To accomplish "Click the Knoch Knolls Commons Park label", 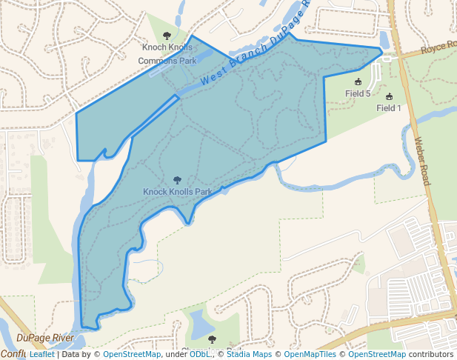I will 169,54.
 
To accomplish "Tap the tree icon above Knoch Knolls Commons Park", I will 166,36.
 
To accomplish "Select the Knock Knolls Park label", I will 178,191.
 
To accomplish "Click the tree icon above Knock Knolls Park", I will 176,180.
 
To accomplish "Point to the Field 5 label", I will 358,93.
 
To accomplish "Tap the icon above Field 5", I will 358,81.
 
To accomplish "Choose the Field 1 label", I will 388,107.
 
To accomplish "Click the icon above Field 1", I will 389,96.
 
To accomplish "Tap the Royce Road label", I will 438,50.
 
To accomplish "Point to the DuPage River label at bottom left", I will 45,338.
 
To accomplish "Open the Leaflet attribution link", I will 41,354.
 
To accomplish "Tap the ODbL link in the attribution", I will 199,354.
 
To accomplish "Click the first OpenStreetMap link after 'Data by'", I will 132,354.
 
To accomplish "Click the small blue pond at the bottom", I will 200,323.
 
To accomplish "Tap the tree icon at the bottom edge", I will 212,339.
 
